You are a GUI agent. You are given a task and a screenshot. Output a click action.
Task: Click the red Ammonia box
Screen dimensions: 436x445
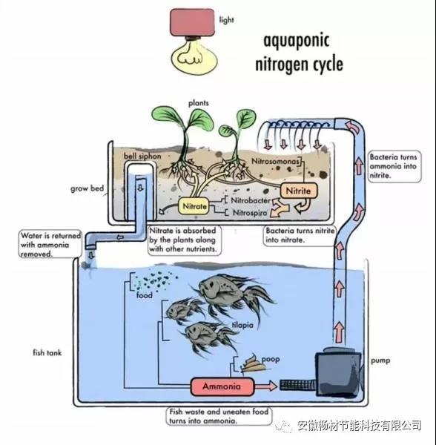coord(222,386)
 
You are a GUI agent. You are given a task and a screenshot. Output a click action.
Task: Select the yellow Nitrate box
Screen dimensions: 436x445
coord(194,206)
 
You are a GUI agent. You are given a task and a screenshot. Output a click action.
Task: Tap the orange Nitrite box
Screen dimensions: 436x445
coord(298,191)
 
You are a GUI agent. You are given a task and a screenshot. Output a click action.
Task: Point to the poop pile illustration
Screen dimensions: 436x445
coord(252,363)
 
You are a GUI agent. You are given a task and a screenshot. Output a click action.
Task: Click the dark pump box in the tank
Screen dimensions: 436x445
coord(339,372)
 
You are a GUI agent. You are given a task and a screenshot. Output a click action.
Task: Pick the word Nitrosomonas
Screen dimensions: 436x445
coord(275,161)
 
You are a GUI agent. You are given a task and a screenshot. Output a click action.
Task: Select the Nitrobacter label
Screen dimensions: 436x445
coord(251,200)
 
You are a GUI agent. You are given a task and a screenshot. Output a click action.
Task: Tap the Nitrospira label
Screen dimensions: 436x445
coord(250,213)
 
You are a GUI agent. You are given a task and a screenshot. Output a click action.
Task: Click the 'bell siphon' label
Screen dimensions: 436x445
coord(142,156)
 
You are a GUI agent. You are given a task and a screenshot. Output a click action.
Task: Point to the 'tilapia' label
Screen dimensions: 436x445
coord(242,325)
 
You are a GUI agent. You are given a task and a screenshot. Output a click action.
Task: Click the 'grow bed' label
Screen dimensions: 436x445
coord(87,188)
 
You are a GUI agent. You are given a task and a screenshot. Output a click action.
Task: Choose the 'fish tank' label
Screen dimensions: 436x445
coord(47,353)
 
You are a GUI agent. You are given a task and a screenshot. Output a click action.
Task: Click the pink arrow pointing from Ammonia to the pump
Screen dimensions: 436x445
coord(265,386)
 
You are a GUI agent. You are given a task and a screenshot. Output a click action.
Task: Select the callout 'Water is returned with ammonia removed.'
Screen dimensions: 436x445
coord(50,244)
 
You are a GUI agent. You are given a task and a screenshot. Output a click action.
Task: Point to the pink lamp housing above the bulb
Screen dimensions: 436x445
coord(192,22)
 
